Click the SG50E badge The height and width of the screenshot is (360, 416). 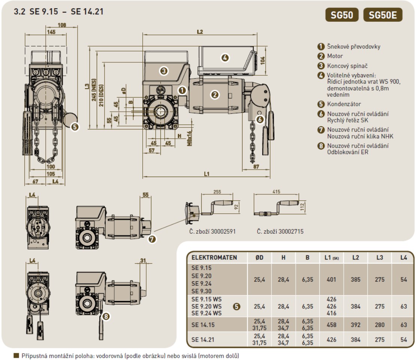coord(383,15)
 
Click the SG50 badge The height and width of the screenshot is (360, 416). coord(342,15)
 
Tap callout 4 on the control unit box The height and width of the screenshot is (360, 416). coord(225,58)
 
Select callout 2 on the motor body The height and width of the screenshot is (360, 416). coord(215,95)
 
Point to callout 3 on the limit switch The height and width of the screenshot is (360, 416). coord(164,71)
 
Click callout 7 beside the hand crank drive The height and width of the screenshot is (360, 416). coord(152,239)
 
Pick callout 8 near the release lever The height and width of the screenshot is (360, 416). coord(106,316)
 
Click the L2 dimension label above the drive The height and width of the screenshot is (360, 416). coord(200,32)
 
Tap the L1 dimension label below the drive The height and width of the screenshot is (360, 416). coord(207,174)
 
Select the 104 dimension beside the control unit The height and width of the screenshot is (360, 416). coord(262,60)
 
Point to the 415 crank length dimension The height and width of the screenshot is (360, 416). coord(276,191)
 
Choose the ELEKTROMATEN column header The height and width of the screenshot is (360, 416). coord(214,258)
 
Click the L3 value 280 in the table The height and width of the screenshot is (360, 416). coord(380,325)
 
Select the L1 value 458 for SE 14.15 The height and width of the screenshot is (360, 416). coord(331,325)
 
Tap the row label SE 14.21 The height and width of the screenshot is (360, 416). coord(203,339)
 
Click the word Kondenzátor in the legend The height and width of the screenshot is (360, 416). coord(344,104)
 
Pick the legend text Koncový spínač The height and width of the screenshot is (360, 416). coord(347,66)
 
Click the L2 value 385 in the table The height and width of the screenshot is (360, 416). coord(356,279)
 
